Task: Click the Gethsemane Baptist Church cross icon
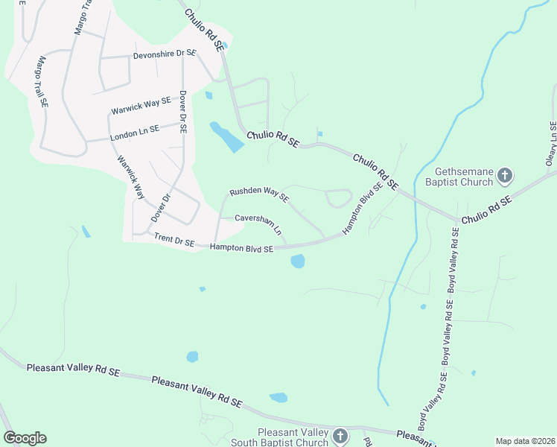[x=505, y=176]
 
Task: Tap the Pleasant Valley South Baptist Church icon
[x=340, y=437]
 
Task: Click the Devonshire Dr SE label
[x=164, y=54]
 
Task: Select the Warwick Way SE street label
[x=141, y=105]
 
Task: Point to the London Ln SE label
[x=135, y=133]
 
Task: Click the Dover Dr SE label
[x=182, y=112]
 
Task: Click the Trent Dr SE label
[x=174, y=240]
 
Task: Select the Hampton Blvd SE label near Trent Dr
[x=242, y=248]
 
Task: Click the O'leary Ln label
[x=552, y=145]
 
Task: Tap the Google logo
[x=25, y=438]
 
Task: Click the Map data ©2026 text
[x=524, y=441]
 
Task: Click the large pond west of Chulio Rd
[x=226, y=137]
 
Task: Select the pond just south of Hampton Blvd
[x=298, y=261]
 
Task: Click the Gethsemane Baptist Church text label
[x=459, y=176]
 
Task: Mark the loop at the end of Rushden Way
[x=338, y=198]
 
